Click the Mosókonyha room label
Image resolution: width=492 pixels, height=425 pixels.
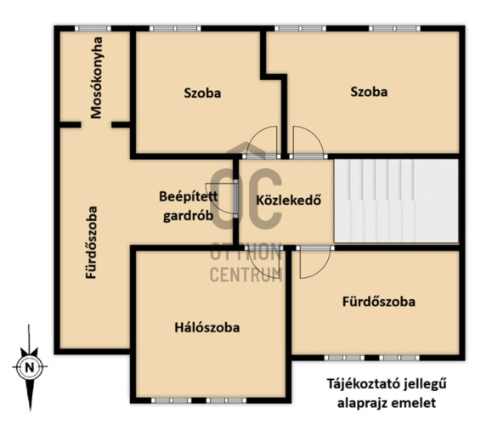pos(96,78)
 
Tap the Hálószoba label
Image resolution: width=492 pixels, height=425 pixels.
pos(207,328)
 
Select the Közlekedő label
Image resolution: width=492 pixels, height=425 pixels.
pos(289,200)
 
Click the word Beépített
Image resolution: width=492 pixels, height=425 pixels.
pos(189,196)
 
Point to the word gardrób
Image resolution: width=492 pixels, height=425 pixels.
pos(189,216)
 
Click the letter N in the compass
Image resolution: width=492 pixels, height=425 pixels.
pos(30,367)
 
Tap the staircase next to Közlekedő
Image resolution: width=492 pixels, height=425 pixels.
pos(396,201)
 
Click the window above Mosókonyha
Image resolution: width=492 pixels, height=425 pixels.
pos(93,29)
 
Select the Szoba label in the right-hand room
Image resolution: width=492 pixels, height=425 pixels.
pos(369,92)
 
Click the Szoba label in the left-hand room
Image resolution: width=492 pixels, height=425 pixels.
pos(202,93)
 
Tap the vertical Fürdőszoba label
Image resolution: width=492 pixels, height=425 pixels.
pos(92,242)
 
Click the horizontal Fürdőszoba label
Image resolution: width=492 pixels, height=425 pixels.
pos(379,302)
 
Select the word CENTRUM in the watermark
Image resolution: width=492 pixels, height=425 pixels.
pos(246,275)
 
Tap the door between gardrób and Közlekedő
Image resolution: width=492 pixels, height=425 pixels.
pos(235,198)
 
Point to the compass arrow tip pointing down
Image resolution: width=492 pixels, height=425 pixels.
pos(30,411)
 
